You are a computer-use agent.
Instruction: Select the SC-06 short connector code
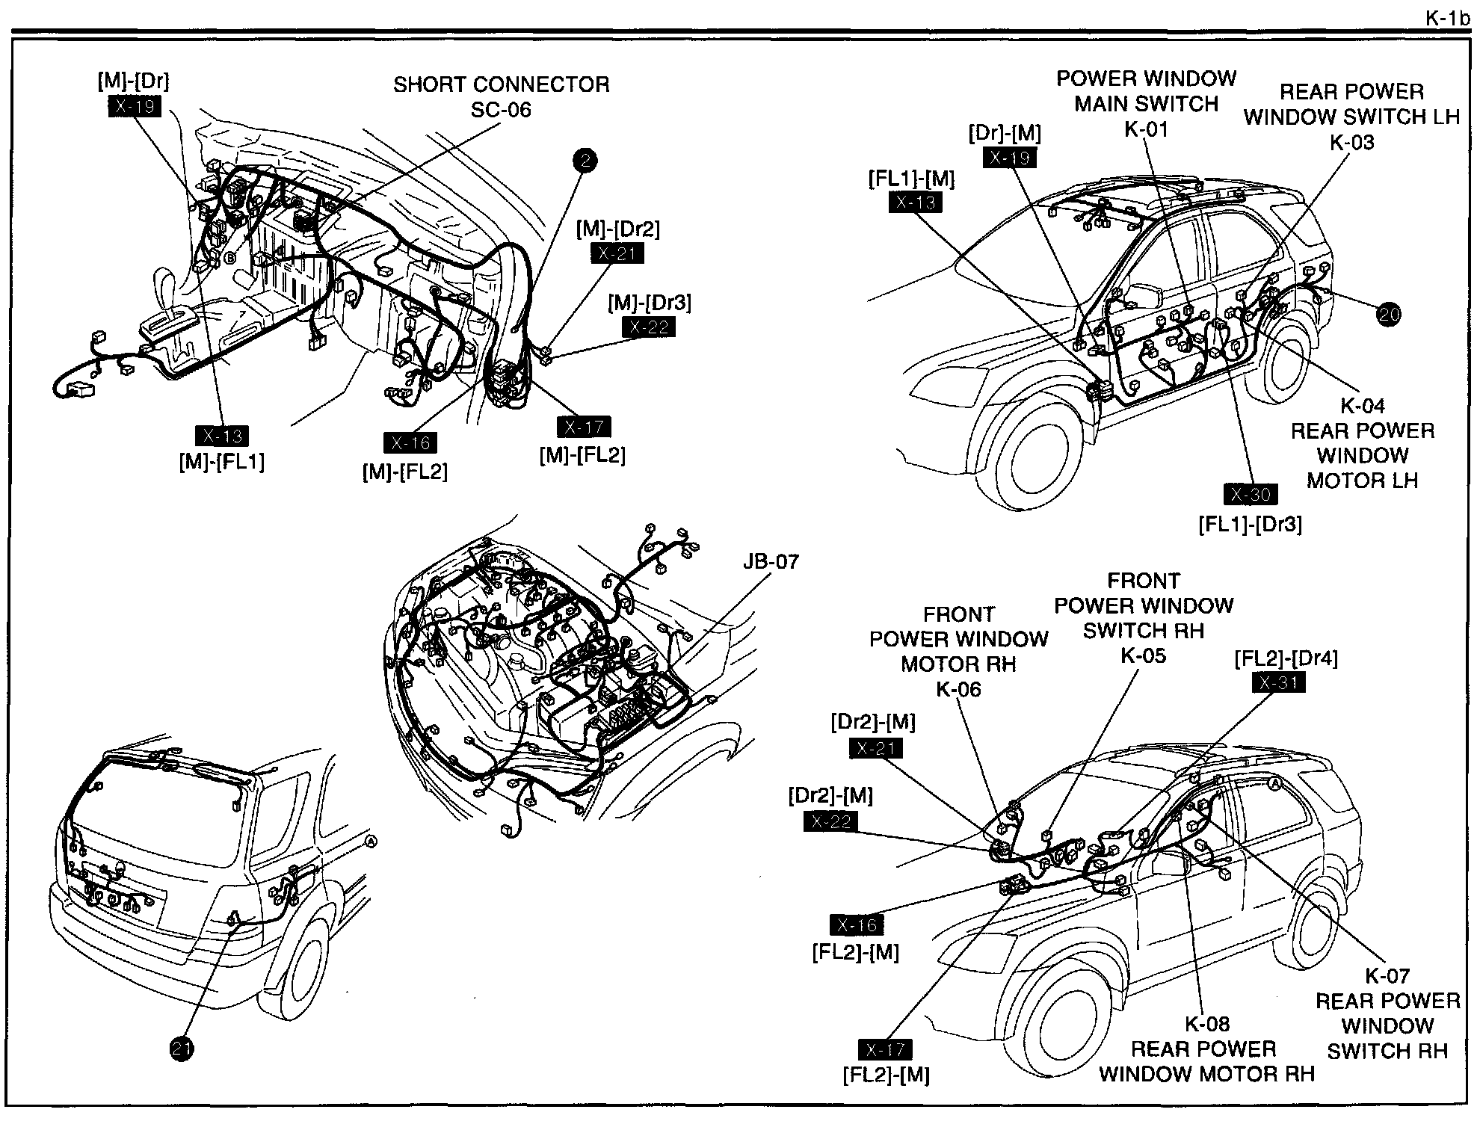(x=501, y=110)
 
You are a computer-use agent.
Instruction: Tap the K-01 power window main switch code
(x=1146, y=129)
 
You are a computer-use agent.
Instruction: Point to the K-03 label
(x=1351, y=142)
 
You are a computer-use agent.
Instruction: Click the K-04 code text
(x=1362, y=406)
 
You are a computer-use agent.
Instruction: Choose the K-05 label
(x=1143, y=655)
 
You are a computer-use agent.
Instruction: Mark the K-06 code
(x=958, y=689)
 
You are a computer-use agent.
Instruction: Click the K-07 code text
(x=1387, y=975)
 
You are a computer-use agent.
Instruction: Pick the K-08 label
(x=1207, y=1024)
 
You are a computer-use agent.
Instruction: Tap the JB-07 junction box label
(x=771, y=561)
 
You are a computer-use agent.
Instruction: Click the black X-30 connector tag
(x=1251, y=495)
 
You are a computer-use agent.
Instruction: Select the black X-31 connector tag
(x=1279, y=683)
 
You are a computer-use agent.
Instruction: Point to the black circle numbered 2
(x=585, y=161)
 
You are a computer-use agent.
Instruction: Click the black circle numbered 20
(x=1388, y=315)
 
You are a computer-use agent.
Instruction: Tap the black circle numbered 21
(x=182, y=1049)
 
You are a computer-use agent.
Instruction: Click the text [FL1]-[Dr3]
(x=1250, y=524)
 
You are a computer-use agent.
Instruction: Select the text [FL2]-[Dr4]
(x=1286, y=658)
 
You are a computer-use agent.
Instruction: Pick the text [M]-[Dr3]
(x=649, y=303)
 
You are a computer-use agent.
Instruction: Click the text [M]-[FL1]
(x=221, y=461)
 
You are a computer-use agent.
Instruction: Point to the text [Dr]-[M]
(x=1005, y=133)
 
